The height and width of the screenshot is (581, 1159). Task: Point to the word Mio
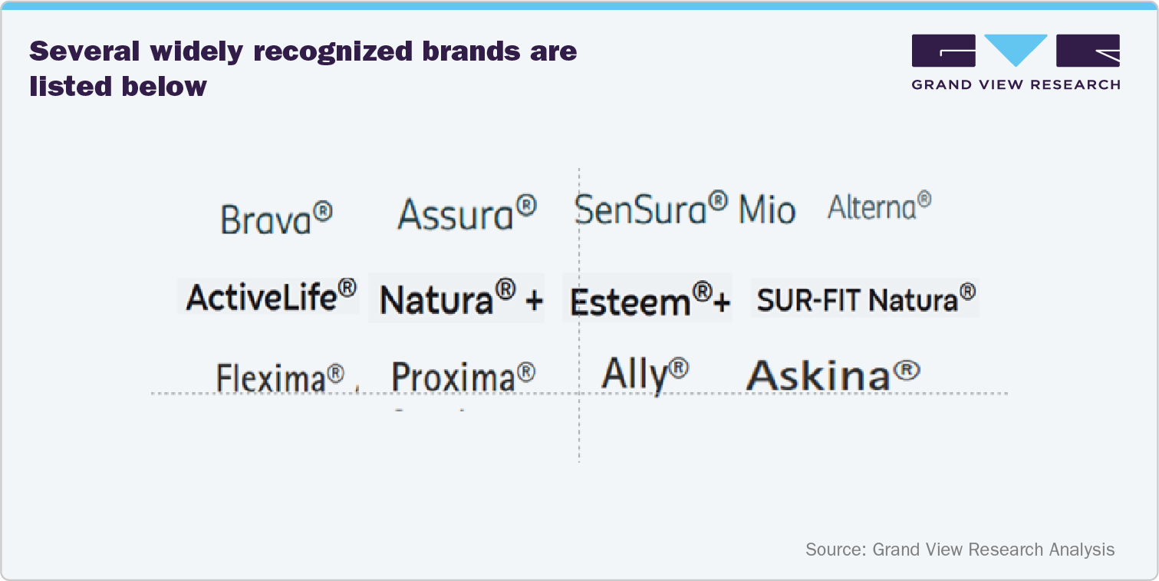point(766,210)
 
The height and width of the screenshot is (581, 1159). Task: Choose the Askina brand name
point(819,375)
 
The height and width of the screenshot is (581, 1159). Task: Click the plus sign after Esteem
point(721,303)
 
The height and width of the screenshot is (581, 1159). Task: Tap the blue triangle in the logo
point(1016,49)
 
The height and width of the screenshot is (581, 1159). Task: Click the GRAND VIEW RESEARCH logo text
point(1016,84)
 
